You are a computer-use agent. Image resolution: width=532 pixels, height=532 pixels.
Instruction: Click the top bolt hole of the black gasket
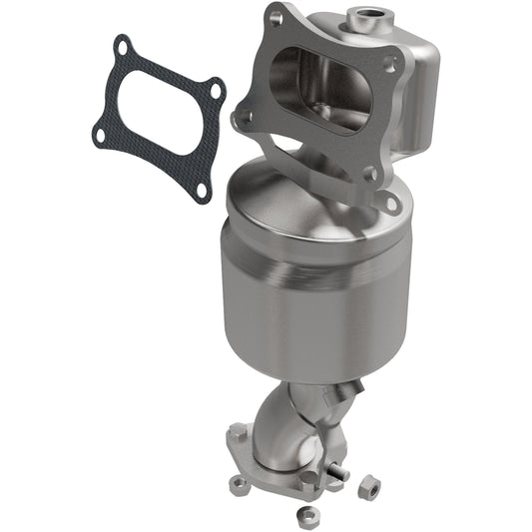123,44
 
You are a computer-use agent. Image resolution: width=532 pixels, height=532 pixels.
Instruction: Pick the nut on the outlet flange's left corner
239,484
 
